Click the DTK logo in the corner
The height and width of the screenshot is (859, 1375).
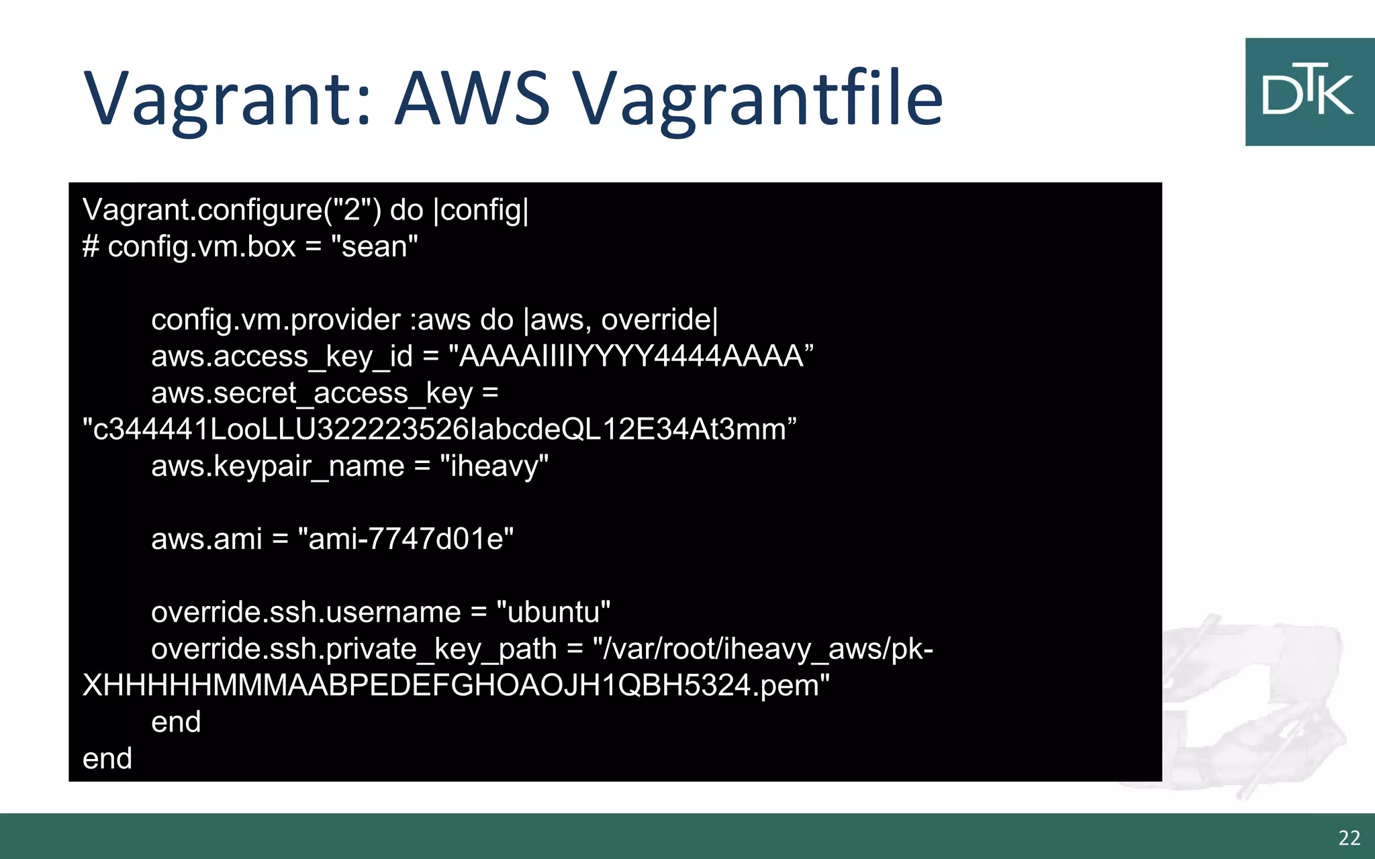pyautogui.click(x=1309, y=92)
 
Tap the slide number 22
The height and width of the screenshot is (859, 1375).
pyautogui.click(x=1349, y=838)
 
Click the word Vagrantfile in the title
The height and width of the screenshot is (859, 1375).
pyautogui.click(x=759, y=99)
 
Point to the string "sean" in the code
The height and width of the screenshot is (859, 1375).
pyautogui.click(x=375, y=247)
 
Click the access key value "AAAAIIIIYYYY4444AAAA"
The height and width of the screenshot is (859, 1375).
pyautogui.click(x=630, y=356)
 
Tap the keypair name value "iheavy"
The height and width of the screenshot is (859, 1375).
pyautogui.click(x=494, y=466)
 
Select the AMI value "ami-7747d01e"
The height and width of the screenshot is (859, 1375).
pyautogui.click(x=406, y=540)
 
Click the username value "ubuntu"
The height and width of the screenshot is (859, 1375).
pyautogui.click(x=553, y=613)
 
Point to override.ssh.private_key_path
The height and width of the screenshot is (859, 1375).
pyautogui.click(x=353, y=649)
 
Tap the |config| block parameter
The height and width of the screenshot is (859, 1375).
pyautogui.click(x=481, y=210)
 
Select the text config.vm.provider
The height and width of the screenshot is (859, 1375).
pyautogui.click(x=275, y=320)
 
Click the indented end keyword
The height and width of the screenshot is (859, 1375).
pyautogui.click(x=176, y=722)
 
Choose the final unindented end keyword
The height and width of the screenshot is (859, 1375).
pyautogui.click(x=107, y=759)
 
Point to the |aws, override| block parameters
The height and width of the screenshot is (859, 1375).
pyautogui.click(x=620, y=320)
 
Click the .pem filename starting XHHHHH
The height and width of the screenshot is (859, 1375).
pyautogui.click(x=455, y=686)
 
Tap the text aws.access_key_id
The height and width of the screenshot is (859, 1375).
pyautogui.click(x=281, y=356)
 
